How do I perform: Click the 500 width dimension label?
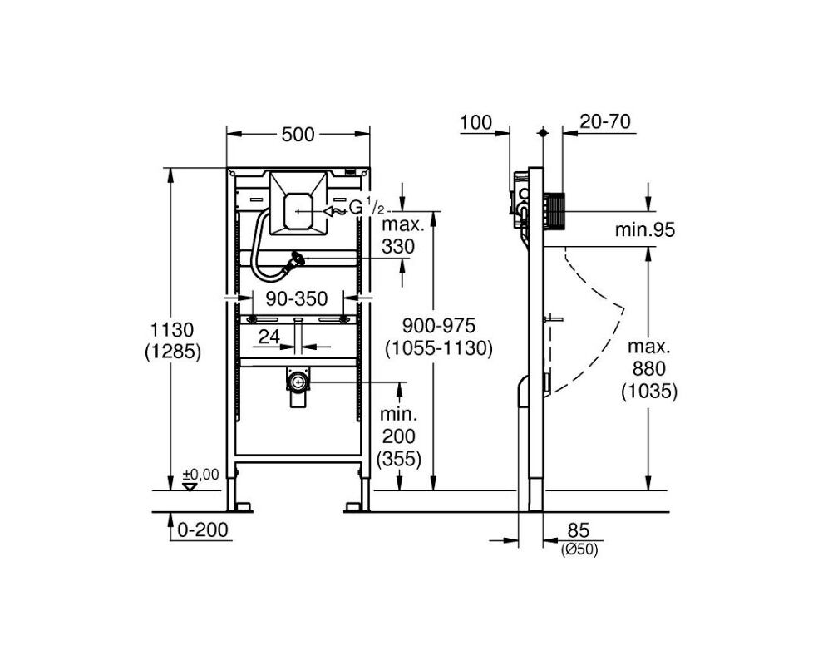(x=298, y=134)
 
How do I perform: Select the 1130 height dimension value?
(x=171, y=330)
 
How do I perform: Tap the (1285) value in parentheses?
(x=172, y=352)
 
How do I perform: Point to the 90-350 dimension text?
(x=297, y=298)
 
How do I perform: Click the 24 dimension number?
(x=269, y=337)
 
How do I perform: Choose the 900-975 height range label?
(x=439, y=326)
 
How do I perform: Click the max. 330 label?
(x=398, y=236)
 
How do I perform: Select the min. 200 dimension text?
(x=398, y=425)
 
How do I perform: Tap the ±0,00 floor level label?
(x=200, y=475)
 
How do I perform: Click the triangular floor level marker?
(x=190, y=487)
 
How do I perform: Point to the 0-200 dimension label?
(x=202, y=530)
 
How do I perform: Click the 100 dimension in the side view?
(x=476, y=122)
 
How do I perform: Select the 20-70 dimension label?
(x=605, y=121)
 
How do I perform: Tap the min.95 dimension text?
(x=645, y=229)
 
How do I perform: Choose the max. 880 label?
(x=649, y=357)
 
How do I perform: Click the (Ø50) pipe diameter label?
(x=579, y=550)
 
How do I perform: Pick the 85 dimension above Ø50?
(x=579, y=531)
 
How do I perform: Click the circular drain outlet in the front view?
(x=298, y=383)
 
